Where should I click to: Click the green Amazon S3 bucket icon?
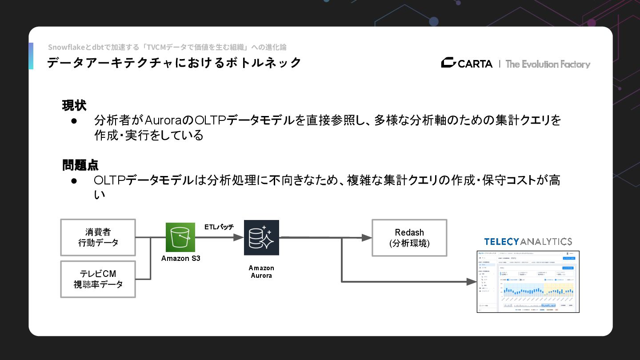tap(180, 237)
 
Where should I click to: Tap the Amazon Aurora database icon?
tap(261, 237)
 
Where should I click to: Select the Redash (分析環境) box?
tap(409, 238)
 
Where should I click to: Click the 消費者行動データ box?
tap(98, 237)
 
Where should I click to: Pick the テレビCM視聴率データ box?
tap(98, 279)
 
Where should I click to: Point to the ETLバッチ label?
tap(219, 227)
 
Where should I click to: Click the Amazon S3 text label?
tap(180, 258)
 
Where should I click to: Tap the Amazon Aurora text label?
tap(261, 272)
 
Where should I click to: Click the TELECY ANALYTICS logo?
tap(528, 242)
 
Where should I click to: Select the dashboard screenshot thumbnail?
tap(528, 282)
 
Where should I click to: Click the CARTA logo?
tap(467, 64)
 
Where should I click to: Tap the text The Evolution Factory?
tap(548, 64)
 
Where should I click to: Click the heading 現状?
tap(74, 106)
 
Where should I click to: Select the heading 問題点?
tap(80, 165)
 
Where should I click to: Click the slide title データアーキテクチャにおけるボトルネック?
tap(174, 63)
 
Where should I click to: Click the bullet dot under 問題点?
tap(74, 181)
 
